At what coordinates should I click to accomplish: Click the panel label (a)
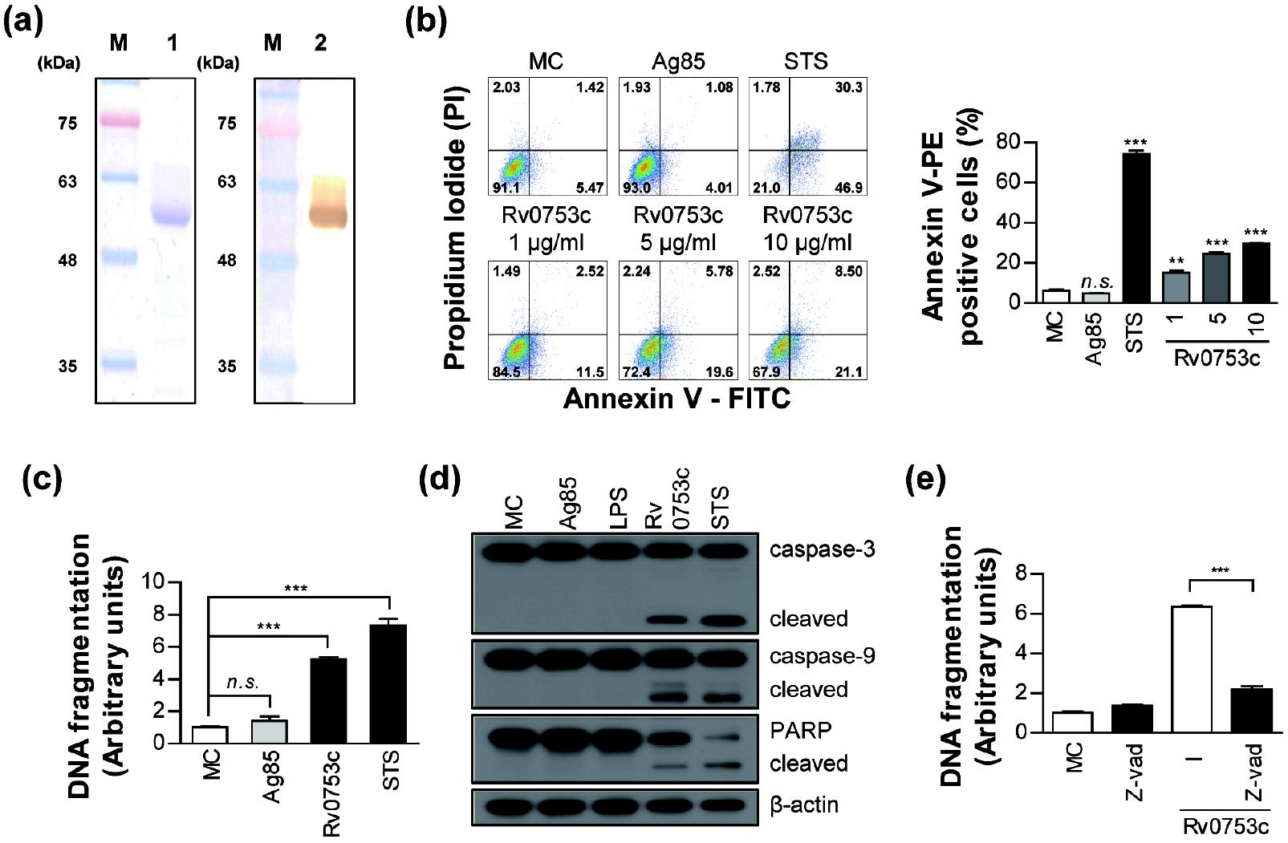pyautogui.click(x=23, y=21)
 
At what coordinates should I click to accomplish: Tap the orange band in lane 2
pyautogui.click(x=327, y=214)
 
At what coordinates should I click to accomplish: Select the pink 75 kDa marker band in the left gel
pyautogui.click(x=120, y=121)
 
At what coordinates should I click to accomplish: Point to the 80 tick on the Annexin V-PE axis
pyautogui.click(x=1007, y=143)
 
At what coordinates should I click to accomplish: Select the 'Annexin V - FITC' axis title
pyautogui.click(x=677, y=399)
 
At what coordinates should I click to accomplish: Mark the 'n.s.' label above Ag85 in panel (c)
pyautogui.click(x=242, y=683)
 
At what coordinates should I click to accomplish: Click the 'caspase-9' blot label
pyautogui.click(x=822, y=656)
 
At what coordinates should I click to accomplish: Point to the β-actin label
pyautogui.click(x=804, y=805)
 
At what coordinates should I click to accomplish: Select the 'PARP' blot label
pyautogui.click(x=800, y=730)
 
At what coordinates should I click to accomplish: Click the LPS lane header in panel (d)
pyautogui.click(x=618, y=507)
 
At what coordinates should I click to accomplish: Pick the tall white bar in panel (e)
pyautogui.click(x=1192, y=669)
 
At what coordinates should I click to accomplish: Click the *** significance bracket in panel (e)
pyautogui.click(x=1220, y=579)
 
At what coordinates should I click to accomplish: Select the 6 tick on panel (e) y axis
pyautogui.click(x=1021, y=614)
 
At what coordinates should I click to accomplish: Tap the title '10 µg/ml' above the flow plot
pyautogui.click(x=807, y=242)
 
